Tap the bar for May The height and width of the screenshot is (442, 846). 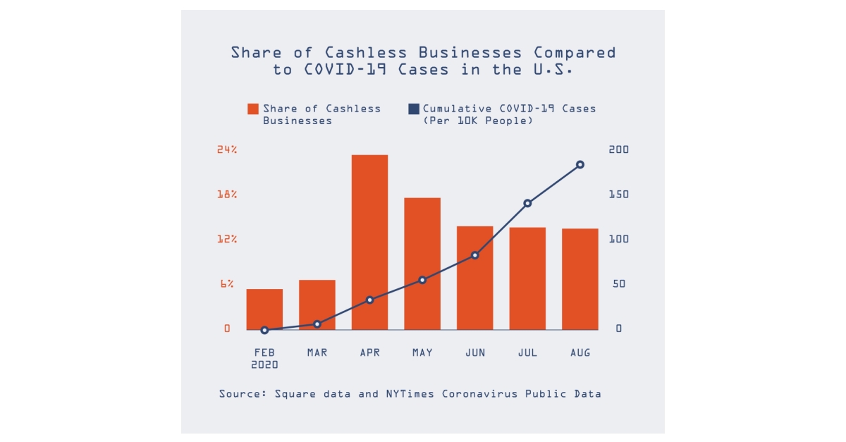pyautogui.click(x=422, y=264)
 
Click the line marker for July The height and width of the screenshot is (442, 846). pyautogui.click(x=527, y=203)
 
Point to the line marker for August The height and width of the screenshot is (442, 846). pyautogui.click(x=580, y=165)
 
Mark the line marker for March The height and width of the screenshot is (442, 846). pyautogui.click(x=317, y=324)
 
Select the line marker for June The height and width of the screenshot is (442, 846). pyautogui.click(x=475, y=255)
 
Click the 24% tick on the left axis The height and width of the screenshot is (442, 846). pyautogui.click(x=226, y=150)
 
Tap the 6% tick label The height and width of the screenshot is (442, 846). pyautogui.click(x=226, y=284)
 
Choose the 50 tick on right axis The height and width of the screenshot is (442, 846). pyautogui.click(x=618, y=284)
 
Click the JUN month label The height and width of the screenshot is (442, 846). pyautogui.click(x=475, y=352)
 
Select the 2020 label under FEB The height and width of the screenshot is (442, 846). pyautogui.click(x=264, y=365)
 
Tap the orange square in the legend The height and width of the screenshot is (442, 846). pyautogui.click(x=252, y=109)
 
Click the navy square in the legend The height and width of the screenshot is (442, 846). pyautogui.click(x=414, y=109)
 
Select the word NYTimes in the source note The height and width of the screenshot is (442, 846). pyautogui.click(x=410, y=393)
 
